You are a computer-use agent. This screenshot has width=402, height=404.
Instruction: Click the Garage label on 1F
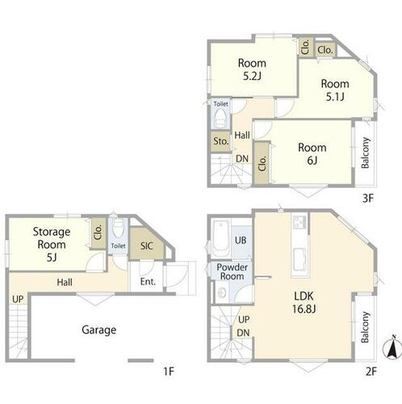pyautogui.click(x=99, y=330)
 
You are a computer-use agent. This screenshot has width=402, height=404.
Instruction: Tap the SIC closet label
pyautogui.click(x=147, y=246)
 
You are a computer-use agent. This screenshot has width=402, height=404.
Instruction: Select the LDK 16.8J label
pyautogui.click(x=304, y=302)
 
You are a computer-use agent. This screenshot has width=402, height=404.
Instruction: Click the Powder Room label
pyautogui.click(x=232, y=271)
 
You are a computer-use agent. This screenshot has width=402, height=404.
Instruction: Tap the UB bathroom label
pyautogui.click(x=241, y=240)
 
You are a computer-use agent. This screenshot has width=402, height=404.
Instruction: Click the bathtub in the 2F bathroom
pyautogui.click(x=220, y=238)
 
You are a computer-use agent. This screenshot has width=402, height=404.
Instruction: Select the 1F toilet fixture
pyautogui.click(x=119, y=229)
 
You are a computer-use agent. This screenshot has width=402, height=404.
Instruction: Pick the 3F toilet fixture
pyautogui.click(x=221, y=118)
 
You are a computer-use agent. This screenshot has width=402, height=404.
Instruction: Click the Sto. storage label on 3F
pyautogui.click(x=221, y=141)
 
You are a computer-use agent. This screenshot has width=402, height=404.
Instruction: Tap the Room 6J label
pyautogui.click(x=312, y=154)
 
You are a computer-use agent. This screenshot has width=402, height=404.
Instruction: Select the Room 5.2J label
pyautogui.click(x=252, y=69)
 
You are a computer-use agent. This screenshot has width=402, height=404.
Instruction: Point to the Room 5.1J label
pyautogui.click(x=335, y=90)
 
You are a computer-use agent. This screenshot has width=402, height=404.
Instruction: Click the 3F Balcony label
pyautogui.click(x=365, y=153)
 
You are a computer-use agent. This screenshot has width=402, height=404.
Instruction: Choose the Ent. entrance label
pyautogui.click(x=148, y=282)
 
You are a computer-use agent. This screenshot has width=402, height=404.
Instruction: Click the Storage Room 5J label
pyautogui.click(x=52, y=244)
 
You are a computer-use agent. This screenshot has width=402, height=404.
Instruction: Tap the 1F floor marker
pyautogui.click(x=169, y=372)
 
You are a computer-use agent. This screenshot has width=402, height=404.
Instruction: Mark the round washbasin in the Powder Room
pyautogui.click(x=222, y=292)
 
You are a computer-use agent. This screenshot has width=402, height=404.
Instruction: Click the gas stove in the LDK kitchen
pyautogui.click(x=300, y=222)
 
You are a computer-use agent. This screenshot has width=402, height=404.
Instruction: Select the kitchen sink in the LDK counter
pyautogui.click(x=300, y=259)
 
